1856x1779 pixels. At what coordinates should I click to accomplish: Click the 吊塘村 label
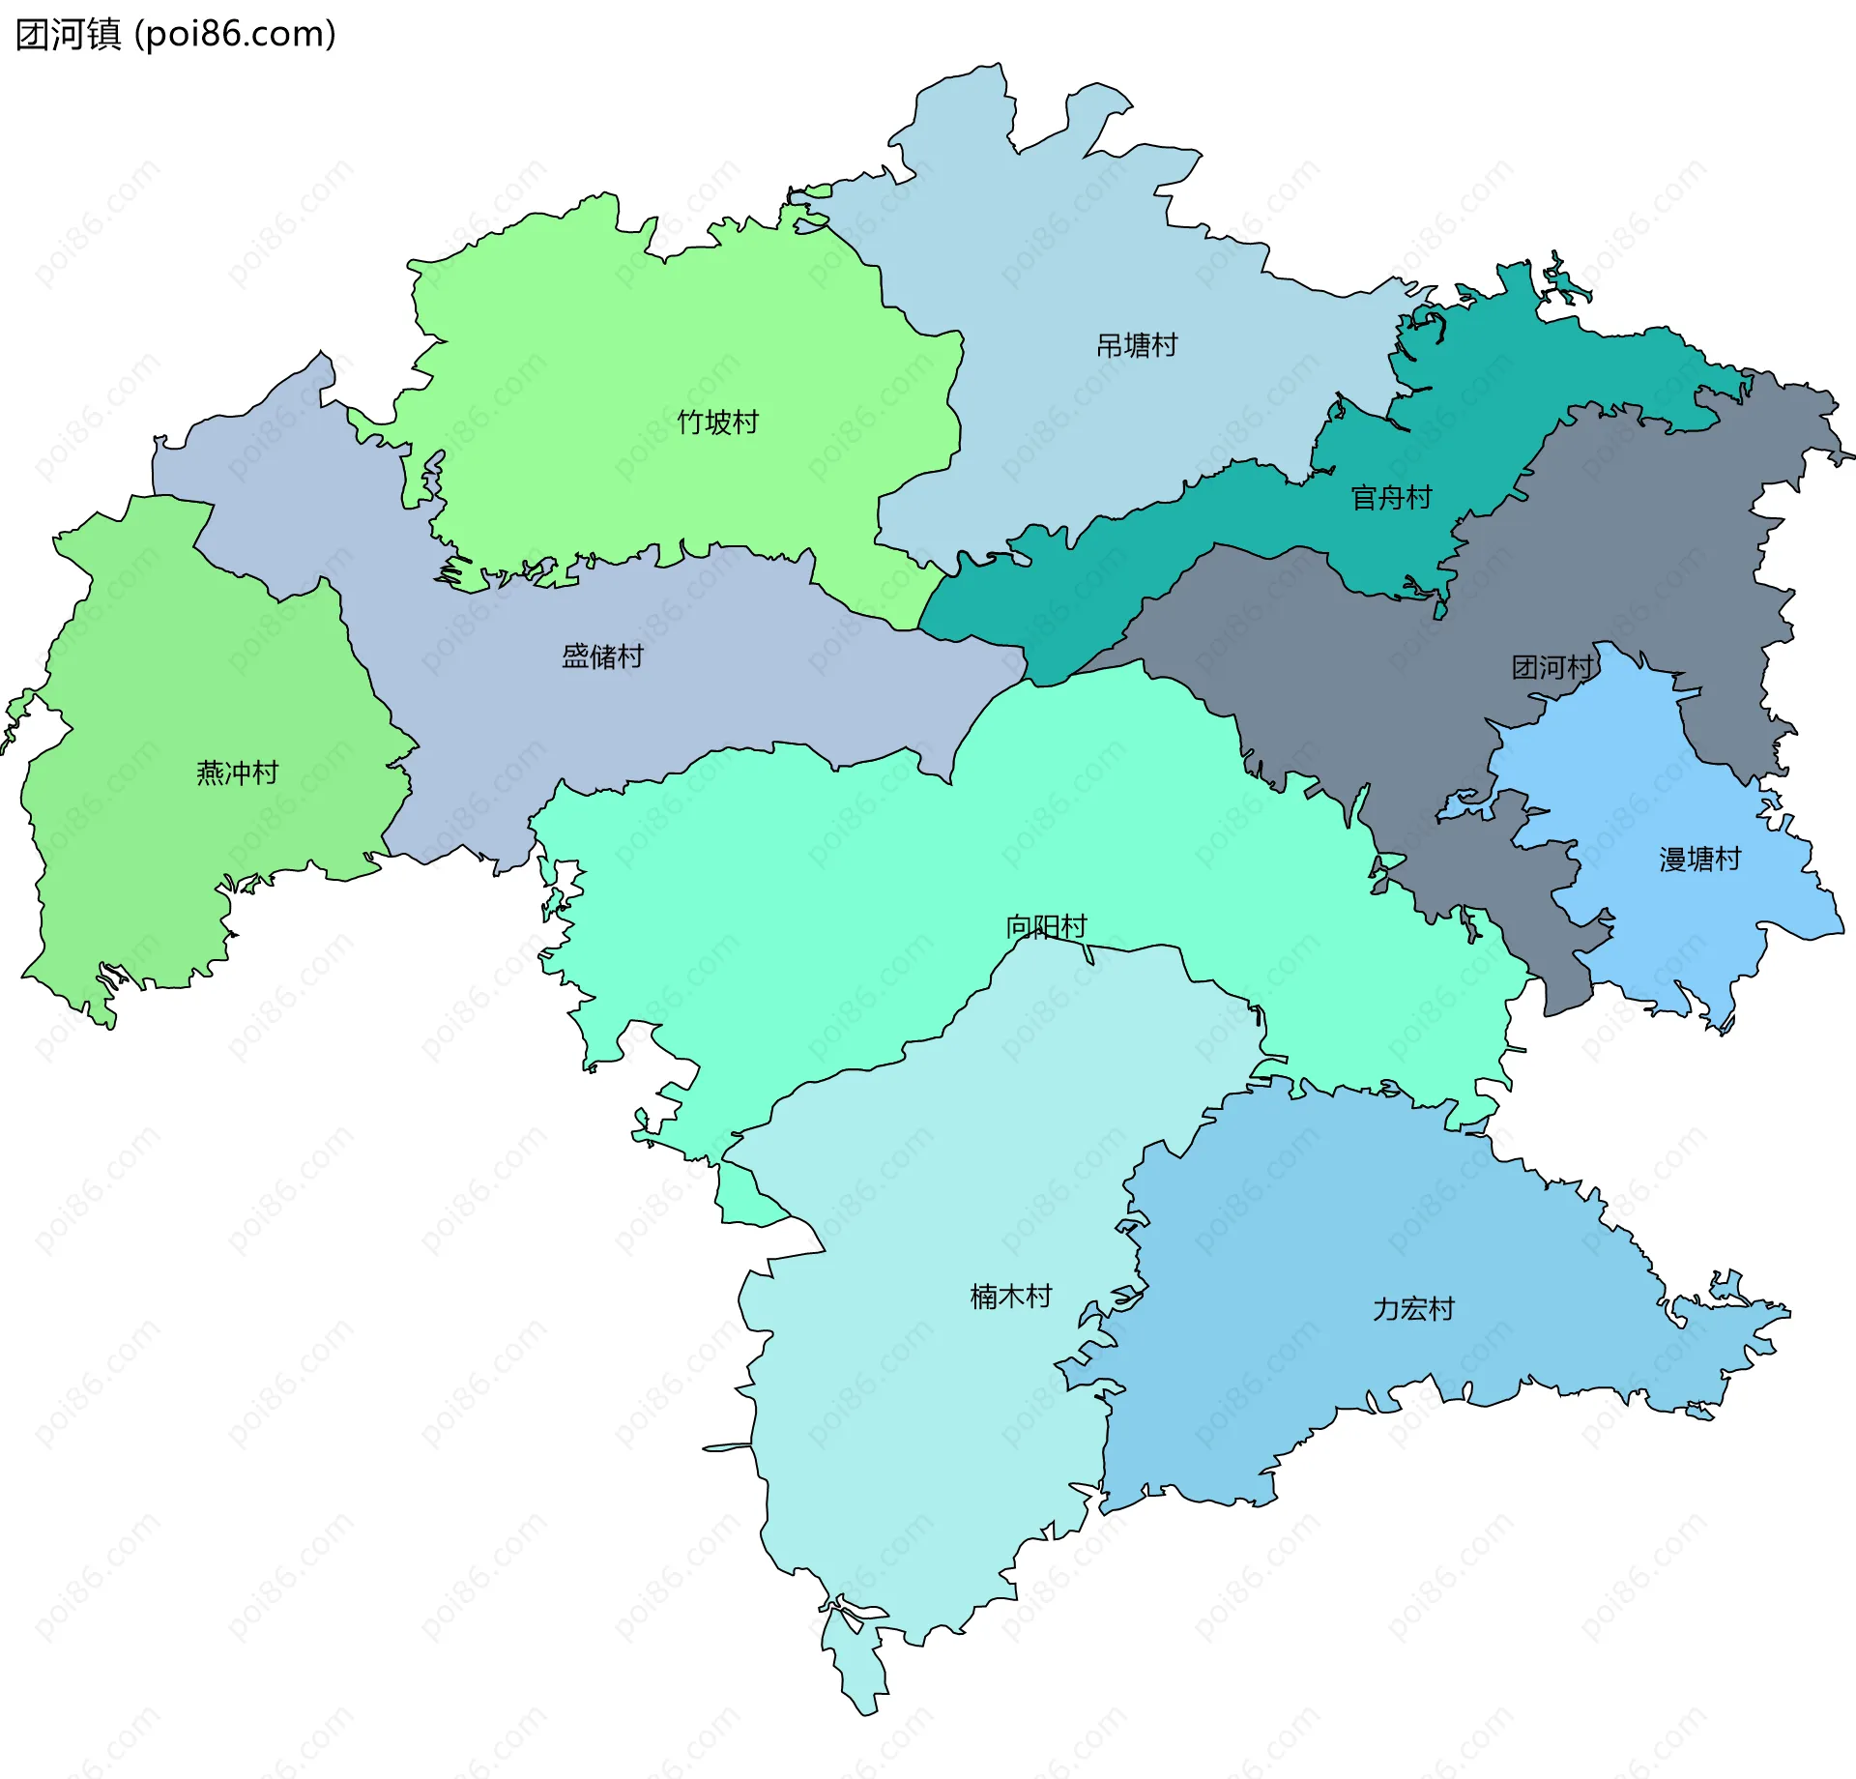(1137, 345)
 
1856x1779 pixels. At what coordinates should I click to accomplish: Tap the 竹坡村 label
(717, 423)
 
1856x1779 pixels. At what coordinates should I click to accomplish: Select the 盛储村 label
(602, 656)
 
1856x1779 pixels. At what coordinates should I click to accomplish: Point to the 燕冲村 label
(237, 773)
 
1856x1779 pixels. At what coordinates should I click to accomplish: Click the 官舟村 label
(1391, 498)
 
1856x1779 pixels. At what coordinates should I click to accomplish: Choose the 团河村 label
(1552, 667)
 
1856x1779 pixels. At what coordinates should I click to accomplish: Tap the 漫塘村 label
(1699, 859)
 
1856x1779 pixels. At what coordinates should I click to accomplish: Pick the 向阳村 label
(1046, 926)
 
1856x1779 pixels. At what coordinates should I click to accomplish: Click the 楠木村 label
(1010, 1297)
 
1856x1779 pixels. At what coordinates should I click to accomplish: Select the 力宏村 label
(1413, 1309)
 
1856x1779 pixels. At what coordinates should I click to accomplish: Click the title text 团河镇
(68, 35)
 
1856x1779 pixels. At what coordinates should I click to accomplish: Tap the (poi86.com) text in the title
(235, 35)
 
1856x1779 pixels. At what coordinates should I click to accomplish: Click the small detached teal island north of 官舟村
(1563, 284)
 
